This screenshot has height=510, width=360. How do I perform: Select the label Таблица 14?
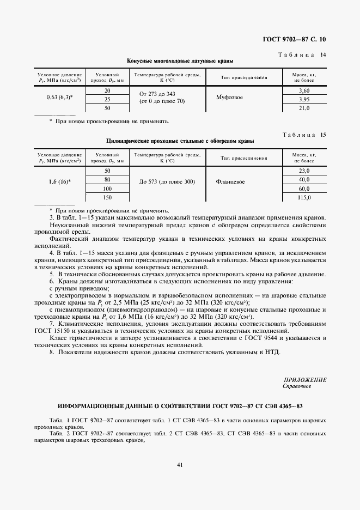[x=302, y=54]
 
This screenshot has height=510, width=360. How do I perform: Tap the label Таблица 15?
[x=302, y=134]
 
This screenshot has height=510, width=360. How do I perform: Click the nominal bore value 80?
[x=107, y=179]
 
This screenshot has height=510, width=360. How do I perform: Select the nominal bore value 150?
[x=107, y=197]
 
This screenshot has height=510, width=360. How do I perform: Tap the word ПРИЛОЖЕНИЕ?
[x=304, y=380]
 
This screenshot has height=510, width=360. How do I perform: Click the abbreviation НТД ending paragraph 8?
[x=271, y=353]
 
